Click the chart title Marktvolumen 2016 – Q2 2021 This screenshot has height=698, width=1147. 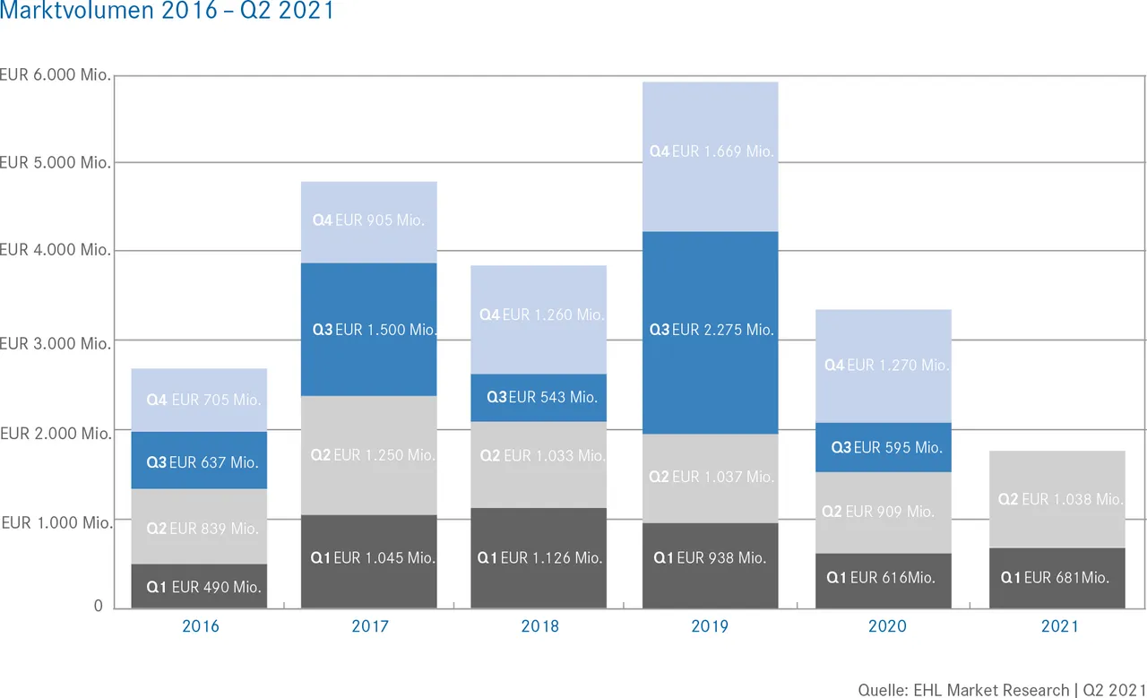pos(167,13)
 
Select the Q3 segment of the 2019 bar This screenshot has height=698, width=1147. pos(711,331)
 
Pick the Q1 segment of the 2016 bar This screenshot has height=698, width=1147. pos(199,587)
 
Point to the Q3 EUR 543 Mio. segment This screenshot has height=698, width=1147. pos(539,397)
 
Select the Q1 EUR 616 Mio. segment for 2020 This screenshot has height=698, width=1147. pos(884,578)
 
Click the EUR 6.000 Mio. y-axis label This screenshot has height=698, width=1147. pos(56,75)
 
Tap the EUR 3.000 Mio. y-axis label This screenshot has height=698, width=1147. pos(56,343)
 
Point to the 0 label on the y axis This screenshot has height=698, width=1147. pos(99,607)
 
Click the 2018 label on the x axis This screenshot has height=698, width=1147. pos(539,626)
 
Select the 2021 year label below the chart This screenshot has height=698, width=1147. pos(1059,626)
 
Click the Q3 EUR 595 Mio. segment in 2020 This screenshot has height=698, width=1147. pos(884,447)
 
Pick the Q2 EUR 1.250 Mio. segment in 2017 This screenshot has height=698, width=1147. pos(369,455)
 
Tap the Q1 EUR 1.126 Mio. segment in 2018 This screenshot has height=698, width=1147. pos(539,557)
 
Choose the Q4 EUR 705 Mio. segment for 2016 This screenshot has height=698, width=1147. pos(199,400)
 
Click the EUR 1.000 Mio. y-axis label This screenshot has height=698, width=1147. pos(56,522)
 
